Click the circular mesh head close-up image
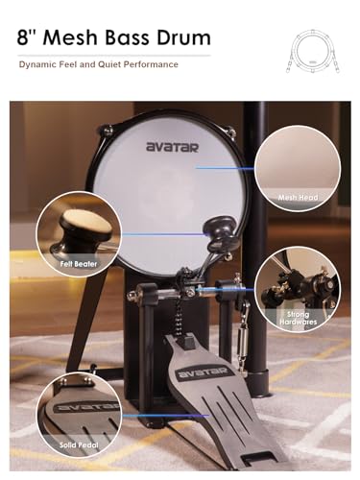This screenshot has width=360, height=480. [x=304, y=158]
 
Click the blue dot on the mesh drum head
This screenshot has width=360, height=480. [x=196, y=167]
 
